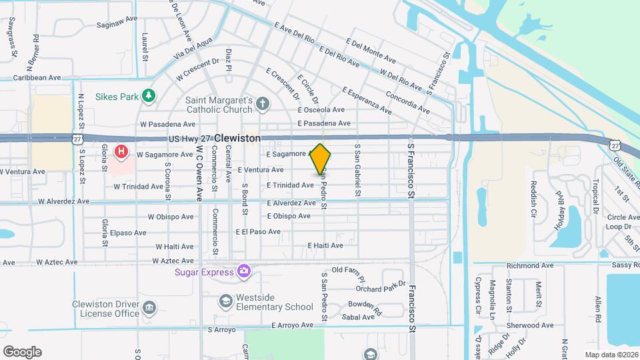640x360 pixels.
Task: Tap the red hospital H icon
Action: click(121, 151)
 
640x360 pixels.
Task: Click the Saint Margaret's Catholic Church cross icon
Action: click(263, 103)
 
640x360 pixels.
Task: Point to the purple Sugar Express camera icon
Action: click(244, 271)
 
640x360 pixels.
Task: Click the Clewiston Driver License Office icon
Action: click(149, 307)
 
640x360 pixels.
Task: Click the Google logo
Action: click(22, 351)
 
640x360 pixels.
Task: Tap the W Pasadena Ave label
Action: click(167, 124)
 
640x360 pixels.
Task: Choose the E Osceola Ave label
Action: click(321, 110)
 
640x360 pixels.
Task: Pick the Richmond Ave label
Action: click(530, 265)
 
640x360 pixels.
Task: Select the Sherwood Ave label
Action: click(530, 325)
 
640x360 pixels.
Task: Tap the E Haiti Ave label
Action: click(325, 245)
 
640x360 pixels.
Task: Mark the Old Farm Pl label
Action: click(345, 270)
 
